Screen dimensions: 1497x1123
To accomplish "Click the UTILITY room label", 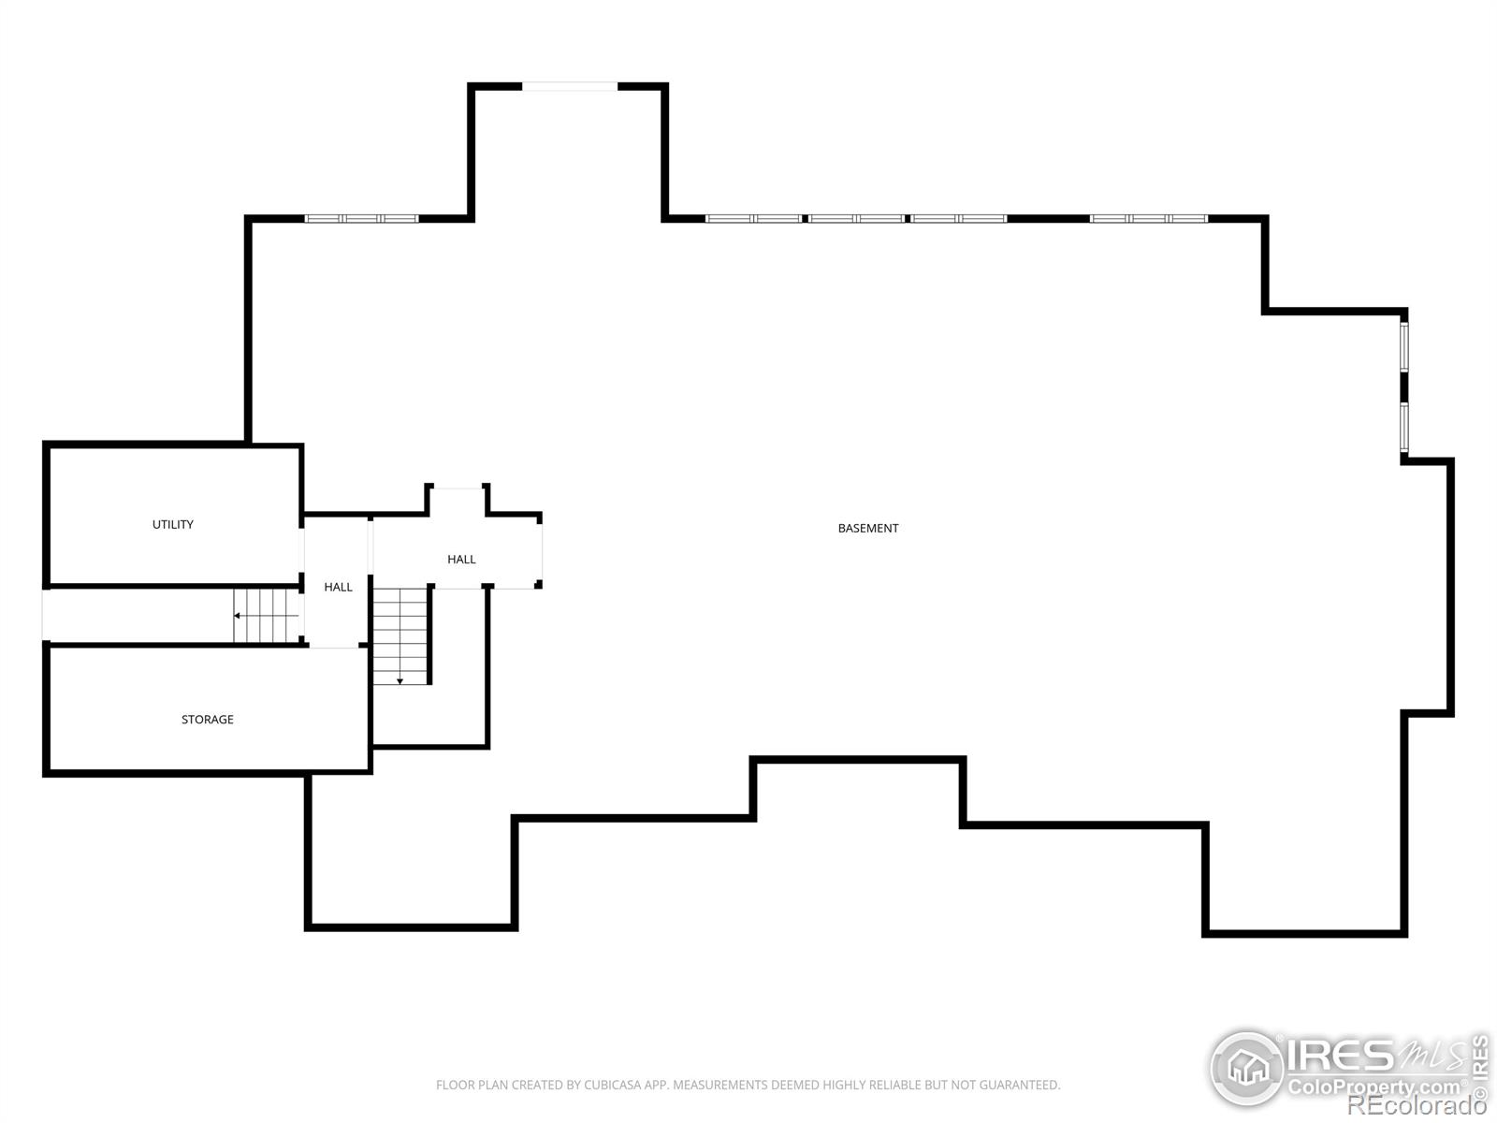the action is coord(172,524).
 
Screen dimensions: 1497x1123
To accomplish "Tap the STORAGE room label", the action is coord(208,720).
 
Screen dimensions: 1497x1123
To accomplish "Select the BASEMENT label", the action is coord(867,529).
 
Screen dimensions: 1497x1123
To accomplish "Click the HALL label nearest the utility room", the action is coord(339,587).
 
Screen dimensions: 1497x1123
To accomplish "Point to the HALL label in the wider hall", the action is coord(461,559).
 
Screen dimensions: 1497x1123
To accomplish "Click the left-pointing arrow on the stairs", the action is coord(266,616).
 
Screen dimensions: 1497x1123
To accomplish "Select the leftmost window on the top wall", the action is coord(361,219).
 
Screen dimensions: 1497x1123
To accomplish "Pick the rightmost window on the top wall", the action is coord(1149,219).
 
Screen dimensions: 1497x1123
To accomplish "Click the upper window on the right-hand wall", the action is coord(1404,346).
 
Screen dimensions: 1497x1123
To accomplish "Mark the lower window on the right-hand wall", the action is coord(1404,428).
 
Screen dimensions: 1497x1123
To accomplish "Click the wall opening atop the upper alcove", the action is coord(570,87).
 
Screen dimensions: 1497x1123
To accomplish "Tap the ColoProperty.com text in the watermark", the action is coord(1373,1087).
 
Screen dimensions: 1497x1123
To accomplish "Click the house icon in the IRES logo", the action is coord(1247,1067).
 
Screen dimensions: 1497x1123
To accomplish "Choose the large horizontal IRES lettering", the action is coord(1341,1056).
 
